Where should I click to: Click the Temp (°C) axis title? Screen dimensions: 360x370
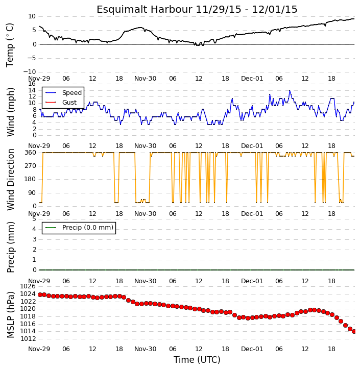point(10,45)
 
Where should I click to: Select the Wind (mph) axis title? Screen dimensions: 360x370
point(10,112)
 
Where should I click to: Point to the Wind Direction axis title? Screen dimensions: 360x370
point(10,180)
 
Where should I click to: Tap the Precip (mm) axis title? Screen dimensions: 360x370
point(10,247)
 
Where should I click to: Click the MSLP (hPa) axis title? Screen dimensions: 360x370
point(10,314)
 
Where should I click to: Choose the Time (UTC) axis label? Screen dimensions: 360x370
point(197,360)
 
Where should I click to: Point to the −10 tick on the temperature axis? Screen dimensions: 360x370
point(30,72)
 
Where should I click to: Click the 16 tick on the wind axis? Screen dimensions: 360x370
point(32,84)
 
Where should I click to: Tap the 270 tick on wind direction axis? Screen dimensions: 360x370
point(31,166)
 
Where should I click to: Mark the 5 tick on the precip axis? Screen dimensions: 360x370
point(34,219)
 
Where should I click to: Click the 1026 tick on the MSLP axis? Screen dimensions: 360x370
point(28,286)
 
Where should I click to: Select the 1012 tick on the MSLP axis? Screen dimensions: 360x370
point(28,339)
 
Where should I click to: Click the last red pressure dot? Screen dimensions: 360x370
point(354,332)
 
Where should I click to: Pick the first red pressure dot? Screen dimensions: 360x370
point(40,295)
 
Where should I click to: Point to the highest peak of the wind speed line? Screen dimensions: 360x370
point(290,90)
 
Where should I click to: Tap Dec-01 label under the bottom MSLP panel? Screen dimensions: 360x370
point(252,349)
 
